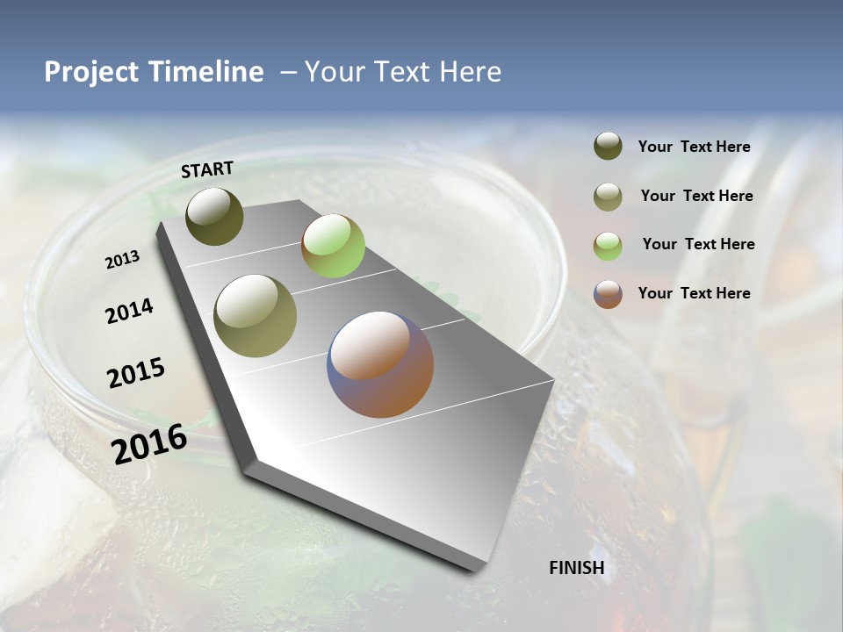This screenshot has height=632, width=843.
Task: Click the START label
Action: click(207, 169)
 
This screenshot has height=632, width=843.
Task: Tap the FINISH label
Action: click(576, 568)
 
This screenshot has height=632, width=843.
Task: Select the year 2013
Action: click(122, 260)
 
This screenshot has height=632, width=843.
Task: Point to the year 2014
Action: click(129, 312)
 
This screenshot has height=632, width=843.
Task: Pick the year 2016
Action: click(149, 444)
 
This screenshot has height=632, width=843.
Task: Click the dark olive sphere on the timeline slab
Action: click(214, 216)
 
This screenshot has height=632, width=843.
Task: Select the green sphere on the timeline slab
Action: click(333, 246)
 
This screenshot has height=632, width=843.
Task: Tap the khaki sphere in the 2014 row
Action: click(255, 315)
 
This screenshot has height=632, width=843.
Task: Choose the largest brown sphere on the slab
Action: click(380, 364)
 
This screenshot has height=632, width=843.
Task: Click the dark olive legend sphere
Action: click(608, 147)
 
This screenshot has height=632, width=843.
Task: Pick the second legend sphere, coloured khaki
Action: click(608, 197)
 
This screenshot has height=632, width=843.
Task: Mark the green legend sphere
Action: click(608, 245)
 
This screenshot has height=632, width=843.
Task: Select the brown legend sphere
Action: click(608, 294)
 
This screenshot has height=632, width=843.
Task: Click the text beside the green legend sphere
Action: click(698, 244)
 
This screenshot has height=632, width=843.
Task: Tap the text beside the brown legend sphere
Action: click(694, 293)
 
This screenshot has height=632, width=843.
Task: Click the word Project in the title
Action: click(92, 72)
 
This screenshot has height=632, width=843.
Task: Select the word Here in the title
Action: click(470, 72)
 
